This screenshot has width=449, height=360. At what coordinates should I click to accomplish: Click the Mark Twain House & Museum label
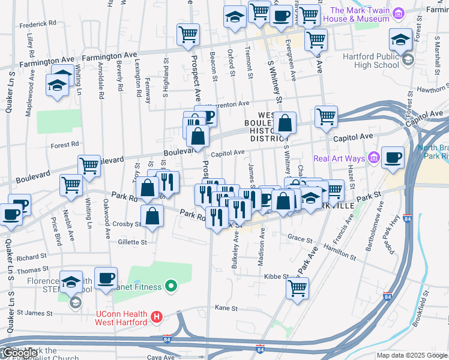360,14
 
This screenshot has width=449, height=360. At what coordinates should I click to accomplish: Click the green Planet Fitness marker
170,287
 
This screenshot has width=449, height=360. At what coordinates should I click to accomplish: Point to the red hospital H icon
157,316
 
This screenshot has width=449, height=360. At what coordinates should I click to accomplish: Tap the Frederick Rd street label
37,23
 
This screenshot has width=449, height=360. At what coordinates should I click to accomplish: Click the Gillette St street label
132,242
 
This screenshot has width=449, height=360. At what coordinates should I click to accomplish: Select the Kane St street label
226,308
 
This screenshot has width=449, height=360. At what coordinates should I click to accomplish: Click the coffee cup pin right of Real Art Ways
393,158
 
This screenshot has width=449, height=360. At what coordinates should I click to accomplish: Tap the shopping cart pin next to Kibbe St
298,288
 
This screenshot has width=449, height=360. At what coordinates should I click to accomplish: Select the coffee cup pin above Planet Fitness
106,278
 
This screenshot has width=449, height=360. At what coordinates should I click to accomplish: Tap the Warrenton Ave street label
228,104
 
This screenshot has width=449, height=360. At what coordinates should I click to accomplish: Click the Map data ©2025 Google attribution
412,355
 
